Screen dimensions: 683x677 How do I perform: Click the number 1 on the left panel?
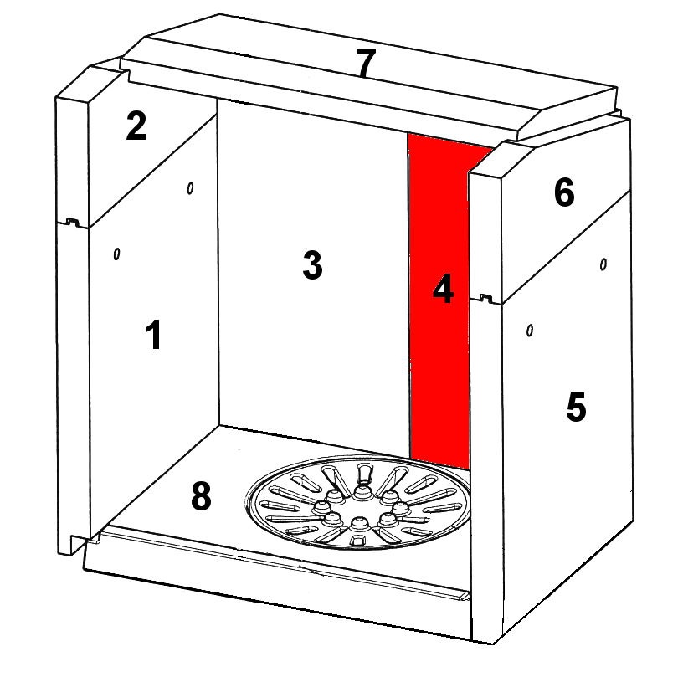point(153,334)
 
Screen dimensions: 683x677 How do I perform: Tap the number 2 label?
point(136,126)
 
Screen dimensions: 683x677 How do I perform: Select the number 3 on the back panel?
point(312,264)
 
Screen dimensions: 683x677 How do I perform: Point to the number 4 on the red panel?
point(443,288)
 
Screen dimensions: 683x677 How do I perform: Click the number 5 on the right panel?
point(576,407)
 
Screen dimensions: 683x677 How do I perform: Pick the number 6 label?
point(564,192)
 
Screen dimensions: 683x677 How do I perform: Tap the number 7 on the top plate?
point(366,62)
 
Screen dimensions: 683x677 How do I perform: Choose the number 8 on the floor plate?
point(201,496)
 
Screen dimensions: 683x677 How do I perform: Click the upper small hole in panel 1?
point(190,188)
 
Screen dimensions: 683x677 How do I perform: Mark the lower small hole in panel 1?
point(116,254)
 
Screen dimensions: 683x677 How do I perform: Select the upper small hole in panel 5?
point(603,264)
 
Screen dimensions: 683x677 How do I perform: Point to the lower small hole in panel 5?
point(529,331)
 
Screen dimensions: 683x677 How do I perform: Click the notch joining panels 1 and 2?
point(72,222)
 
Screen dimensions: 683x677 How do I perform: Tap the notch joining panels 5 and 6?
point(486,298)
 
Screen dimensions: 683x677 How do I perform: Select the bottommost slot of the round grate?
point(358,541)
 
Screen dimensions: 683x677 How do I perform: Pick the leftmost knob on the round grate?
point(322,507)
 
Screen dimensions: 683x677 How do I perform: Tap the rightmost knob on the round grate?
point(400,508)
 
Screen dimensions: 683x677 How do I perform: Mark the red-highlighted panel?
point(439,300)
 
